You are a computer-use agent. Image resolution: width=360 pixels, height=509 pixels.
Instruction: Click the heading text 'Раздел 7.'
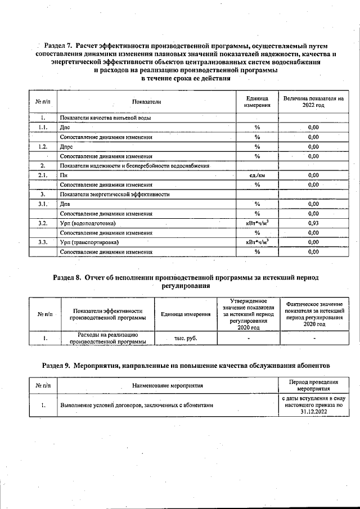[x=58, y=44]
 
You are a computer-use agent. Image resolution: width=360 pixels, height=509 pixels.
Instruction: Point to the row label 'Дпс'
[x=65, y=128]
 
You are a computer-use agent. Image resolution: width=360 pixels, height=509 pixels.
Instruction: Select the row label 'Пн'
[x=64, y=175]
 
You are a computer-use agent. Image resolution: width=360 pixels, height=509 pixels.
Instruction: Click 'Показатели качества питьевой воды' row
[x=105, y=118]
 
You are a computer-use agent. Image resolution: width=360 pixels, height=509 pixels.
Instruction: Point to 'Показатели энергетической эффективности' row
[x=115, y=195]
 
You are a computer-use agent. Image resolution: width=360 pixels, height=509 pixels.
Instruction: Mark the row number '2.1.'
[x=43, y=175]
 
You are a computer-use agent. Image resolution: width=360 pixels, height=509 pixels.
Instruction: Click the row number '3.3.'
[x=43, y=242]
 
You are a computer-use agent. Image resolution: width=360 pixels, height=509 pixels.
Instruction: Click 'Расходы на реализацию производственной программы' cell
[x=107, y=338]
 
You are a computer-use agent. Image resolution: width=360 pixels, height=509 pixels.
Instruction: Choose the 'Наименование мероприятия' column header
[x=167, y=386]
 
